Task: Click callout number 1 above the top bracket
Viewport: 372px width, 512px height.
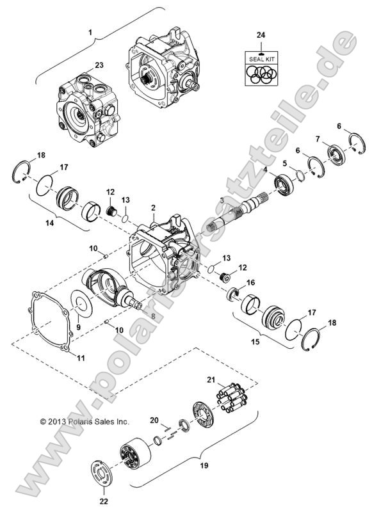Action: point(91,32)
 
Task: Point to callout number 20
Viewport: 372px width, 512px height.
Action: point(154,420)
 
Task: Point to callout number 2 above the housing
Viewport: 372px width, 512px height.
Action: point(154,208)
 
